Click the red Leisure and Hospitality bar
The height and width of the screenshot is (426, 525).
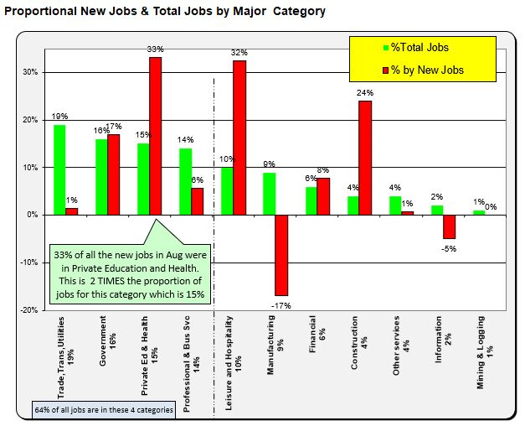click(239, 138)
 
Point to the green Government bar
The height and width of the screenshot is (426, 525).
click(101, 177)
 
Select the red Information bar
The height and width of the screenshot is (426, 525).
click(449, 226)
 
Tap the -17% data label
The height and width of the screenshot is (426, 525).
click(281, 305)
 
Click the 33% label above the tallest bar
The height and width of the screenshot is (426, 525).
click(155, 50)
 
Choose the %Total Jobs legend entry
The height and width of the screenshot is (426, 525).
click(417, 48)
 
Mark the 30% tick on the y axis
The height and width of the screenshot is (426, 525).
click(31, 72)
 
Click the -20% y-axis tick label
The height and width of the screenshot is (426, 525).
click(29, 310)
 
